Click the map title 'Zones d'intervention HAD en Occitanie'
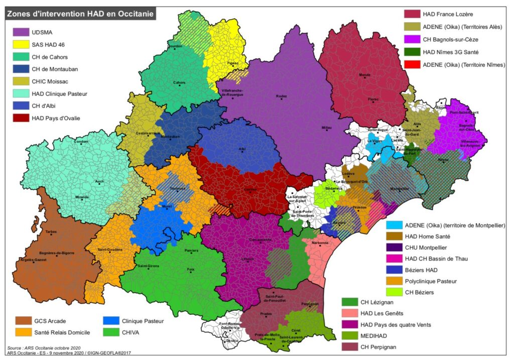80,13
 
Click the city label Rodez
281,96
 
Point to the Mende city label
365,74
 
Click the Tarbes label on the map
52,231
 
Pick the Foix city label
190,270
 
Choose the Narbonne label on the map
320,243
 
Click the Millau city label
327,128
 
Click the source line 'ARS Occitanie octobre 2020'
48,347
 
